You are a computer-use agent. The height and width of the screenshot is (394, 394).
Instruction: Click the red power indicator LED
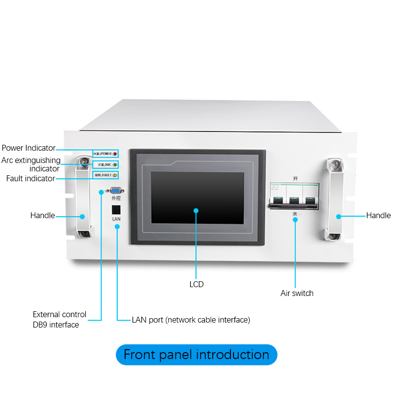[x=115, y=154]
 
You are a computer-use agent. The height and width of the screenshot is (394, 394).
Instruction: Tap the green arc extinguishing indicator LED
[x=115, y=164]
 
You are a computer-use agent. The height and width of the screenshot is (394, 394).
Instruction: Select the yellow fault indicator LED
[x=115, y=175]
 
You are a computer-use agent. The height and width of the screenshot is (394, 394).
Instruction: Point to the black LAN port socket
[x=116, y=208]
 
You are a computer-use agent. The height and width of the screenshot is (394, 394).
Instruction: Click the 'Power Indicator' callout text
[x=28, y=148]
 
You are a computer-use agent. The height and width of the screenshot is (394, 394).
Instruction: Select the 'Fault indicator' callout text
[x=31, y=178]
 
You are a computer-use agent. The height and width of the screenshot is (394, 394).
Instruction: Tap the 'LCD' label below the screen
[x=197, y=284]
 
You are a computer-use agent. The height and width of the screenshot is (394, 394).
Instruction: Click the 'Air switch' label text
[x=297, y=293]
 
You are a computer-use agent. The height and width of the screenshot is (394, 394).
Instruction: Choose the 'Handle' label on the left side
[x=42, y=215]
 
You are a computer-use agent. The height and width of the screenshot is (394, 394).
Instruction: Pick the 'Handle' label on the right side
[x=378, y=215]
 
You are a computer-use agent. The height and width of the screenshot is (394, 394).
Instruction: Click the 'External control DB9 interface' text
[x=59, y=319]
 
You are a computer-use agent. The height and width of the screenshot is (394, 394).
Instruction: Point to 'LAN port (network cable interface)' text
[x=191, y=320]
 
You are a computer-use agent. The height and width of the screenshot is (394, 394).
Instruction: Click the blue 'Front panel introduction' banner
[x=197, y=355]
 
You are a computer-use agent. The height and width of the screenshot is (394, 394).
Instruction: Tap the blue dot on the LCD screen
[x=196, y=210]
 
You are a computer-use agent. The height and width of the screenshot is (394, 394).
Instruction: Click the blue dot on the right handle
[x=339, y=216]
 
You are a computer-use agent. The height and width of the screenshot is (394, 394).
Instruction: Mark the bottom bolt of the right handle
[x=333, y=236]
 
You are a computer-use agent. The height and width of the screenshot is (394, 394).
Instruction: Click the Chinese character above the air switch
[x=295, y=178]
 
